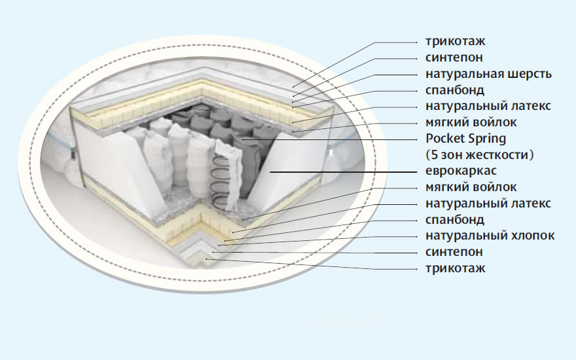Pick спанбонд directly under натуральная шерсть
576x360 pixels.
pyautogui.click(x=455, y=90)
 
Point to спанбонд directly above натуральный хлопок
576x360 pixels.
pyautogui.click(x=455, y=219)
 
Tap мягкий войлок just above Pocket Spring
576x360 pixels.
pyautogui.click(x=471, y=122)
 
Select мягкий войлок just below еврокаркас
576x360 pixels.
pyautogui.click(x=471, y=188)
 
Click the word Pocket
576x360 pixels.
pyautogui.click(x=444, y=139)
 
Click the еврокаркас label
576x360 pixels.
pyautogui.click(x=461, y=171)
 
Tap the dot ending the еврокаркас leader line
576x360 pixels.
pyautogui.click(x=270, y=171)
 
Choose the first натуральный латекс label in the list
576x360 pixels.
pyautogui.click(x=488, y=106)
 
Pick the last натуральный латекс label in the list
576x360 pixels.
pyautogui.click(x=488, y=204)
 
